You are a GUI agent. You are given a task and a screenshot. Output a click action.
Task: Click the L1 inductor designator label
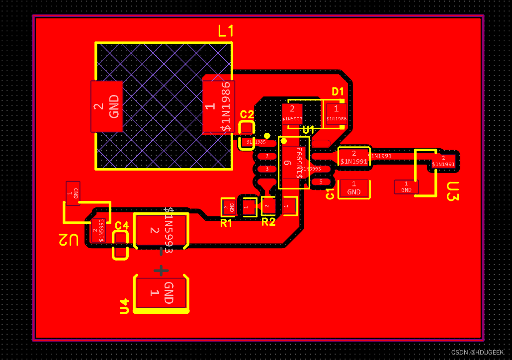click(226, 31)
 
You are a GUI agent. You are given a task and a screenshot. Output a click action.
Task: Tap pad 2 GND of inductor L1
click(106, 106)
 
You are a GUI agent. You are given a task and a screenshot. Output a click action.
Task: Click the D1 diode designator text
click(338, 91)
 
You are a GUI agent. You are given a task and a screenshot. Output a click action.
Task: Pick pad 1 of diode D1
click(337, 113)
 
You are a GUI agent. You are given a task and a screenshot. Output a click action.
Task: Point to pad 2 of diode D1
click(292, 113)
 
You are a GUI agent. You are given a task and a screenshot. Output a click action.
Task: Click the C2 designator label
click(247, 115)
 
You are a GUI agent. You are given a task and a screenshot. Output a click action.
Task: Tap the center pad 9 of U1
click(293, 163)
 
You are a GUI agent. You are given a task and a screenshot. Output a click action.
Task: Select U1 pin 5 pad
click(321, 182)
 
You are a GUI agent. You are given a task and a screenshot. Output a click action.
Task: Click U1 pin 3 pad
click(267, 169)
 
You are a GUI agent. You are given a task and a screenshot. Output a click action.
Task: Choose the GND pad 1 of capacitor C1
click(354, 188)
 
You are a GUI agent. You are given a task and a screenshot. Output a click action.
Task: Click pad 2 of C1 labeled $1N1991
click(354, 157)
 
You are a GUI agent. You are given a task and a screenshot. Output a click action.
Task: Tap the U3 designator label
click(452, 191)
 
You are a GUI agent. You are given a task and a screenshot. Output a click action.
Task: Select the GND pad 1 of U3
click(406, 187)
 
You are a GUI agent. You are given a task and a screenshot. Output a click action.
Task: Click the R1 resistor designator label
click(226, 223)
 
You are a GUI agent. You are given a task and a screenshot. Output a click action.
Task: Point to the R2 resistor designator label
click(268, 222)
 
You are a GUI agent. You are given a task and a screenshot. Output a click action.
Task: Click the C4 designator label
click(122, 225)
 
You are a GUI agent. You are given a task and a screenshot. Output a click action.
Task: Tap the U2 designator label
click(69, 240)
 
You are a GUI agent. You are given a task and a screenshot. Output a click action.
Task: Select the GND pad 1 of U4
click(162, 293)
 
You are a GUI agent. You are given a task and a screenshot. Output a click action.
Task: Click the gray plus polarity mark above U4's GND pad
click(161, 270)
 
